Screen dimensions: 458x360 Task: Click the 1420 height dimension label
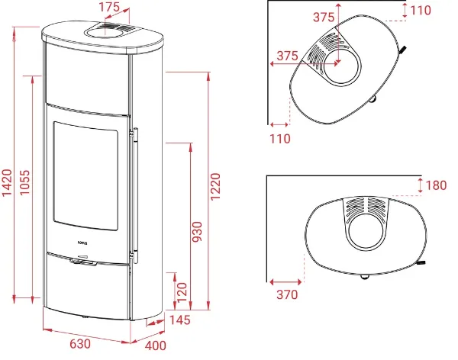coord(7,182)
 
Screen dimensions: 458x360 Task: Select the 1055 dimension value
coord(25,182)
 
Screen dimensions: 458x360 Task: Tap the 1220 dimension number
coord(215,187)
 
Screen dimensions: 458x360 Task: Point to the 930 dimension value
coord(198,232)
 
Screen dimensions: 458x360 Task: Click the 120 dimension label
coord(182,292)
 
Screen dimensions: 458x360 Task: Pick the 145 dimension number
coord(180,320)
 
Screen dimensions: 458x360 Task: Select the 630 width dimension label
coord(80,344)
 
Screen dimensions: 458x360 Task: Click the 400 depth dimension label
coord(156,346)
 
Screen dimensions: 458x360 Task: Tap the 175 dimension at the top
coord(109,7)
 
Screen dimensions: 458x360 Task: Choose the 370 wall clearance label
coord(287,295)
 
